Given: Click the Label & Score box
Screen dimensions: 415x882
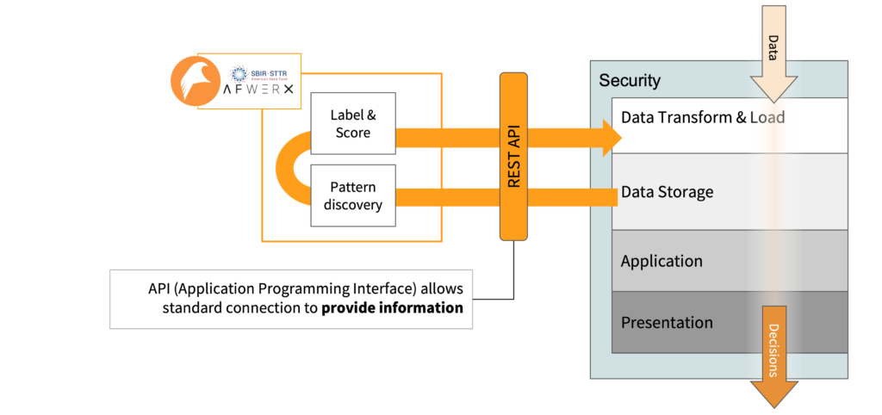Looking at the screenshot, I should pos(352,124).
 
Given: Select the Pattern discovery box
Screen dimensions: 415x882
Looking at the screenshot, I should pos(352,195).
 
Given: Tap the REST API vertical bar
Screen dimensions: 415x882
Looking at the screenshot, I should pos(513,155).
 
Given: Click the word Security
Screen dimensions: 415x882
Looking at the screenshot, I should pos(630,81).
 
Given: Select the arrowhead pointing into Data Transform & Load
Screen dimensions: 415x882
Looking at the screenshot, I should pos(611,137).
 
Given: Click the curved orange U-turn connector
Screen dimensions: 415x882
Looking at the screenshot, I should pos(288,166).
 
